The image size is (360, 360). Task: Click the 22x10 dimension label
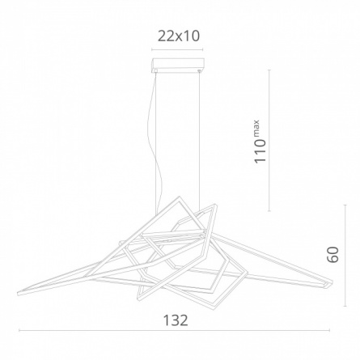179,36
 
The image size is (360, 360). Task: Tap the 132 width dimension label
176,320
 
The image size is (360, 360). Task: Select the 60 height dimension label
332,255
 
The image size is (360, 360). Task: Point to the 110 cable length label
260,151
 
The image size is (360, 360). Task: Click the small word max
256,129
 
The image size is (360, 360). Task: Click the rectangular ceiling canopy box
178,65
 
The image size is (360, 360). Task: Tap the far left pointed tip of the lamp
18,294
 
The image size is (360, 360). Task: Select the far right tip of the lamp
332,284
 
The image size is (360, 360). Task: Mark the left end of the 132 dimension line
19,330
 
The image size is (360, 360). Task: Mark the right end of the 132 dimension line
329,330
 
